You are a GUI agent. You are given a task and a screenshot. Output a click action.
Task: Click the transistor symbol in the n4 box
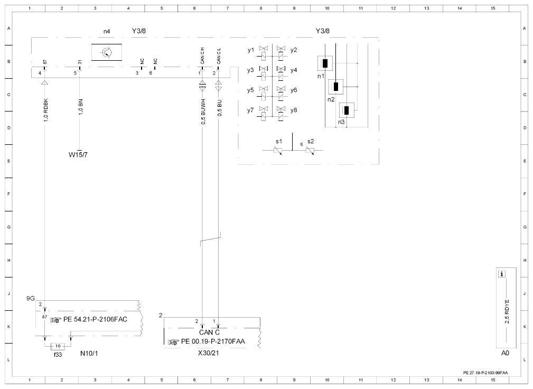pos(107,52)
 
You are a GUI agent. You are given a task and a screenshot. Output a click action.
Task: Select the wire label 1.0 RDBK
pos(46,110)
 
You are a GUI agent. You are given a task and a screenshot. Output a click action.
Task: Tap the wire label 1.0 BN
pos(81,107)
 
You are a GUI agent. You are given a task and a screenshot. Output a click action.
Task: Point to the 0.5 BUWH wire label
pos(203,112)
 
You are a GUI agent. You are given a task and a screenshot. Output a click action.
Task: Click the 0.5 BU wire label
pos(220,108)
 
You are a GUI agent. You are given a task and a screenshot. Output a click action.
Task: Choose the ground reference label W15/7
pos(78,155)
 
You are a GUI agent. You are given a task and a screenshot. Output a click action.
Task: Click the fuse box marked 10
pos(58,346)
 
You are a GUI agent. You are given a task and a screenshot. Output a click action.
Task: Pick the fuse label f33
pos(58,355)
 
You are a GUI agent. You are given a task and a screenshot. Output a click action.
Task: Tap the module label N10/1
pos(89,353)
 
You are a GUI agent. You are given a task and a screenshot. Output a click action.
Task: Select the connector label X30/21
pos(208,353)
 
